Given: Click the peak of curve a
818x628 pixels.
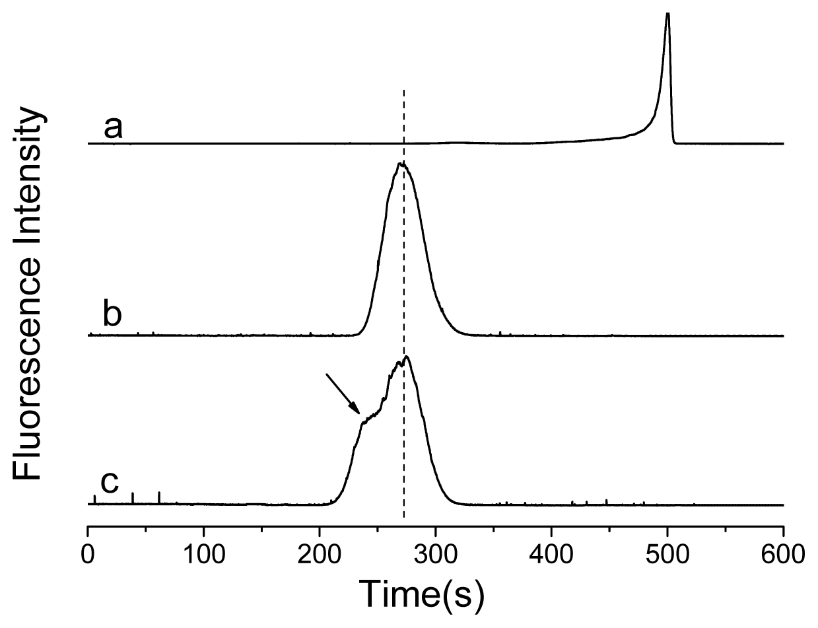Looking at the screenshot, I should pyautogui.click(x=667, y=13).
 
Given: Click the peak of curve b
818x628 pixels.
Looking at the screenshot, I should pyautogui.click(x=401, y=162).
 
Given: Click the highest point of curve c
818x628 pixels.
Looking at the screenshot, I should pyautogui.click(x=407, y=357).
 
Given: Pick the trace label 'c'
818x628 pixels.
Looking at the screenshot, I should pyautogui.click(x=109, y=483).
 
